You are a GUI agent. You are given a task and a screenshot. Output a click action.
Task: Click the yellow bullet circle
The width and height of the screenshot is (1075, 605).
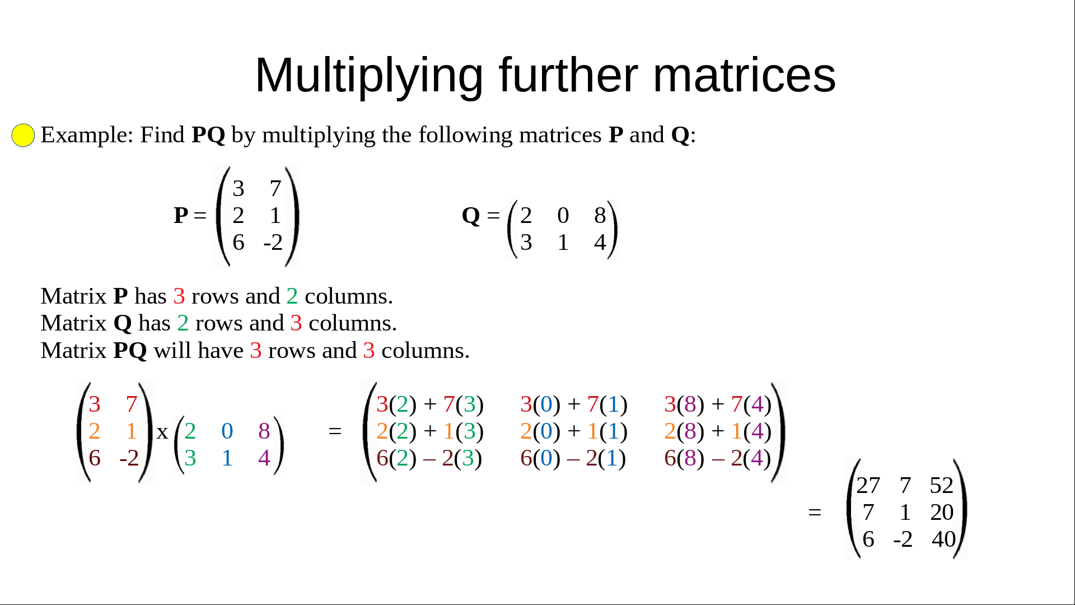coord(23,135)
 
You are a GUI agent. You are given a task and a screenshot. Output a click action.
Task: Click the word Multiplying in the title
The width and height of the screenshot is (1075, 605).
coord(370,76)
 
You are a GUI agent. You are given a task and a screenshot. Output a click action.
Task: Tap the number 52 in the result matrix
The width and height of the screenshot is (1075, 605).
coord(941,485)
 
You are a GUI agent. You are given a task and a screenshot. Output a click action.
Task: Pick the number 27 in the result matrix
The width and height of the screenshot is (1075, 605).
coord(868,485)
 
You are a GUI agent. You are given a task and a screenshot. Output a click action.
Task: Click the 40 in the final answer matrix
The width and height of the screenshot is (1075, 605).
coord(943,539)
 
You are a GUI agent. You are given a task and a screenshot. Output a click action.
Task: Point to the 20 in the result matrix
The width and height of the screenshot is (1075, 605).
coord(942,512)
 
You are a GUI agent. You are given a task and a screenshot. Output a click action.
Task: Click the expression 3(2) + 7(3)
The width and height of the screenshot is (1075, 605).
coord(430,404)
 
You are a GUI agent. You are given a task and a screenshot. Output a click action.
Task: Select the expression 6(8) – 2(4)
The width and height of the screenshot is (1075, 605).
coord(718,458)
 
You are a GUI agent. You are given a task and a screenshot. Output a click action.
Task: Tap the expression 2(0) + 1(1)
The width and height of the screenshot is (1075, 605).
coord(574,431)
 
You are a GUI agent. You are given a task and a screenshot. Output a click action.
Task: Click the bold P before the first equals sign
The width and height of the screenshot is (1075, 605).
coord(181,215)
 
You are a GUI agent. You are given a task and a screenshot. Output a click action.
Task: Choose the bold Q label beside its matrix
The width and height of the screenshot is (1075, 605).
coord(471,216)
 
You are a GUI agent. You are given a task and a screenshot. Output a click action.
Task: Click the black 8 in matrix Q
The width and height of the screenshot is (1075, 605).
coord(600,215)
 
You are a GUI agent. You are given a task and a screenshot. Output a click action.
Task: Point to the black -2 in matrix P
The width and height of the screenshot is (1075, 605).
coord(273,242)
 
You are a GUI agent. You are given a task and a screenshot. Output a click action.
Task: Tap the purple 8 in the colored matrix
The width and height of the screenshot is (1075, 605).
coord(264,431)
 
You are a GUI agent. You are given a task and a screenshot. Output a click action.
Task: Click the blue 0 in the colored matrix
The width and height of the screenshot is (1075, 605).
coord(227,431)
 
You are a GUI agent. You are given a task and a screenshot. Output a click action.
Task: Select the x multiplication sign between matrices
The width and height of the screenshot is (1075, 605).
coord(162,432)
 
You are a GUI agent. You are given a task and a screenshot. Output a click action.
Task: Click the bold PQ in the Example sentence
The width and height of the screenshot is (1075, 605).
coord(208,135)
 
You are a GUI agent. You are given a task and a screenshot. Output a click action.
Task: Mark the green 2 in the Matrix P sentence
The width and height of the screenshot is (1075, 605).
coord(292,296)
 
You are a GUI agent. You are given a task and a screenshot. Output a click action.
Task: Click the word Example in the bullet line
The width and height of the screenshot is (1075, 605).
coord(87,135)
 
